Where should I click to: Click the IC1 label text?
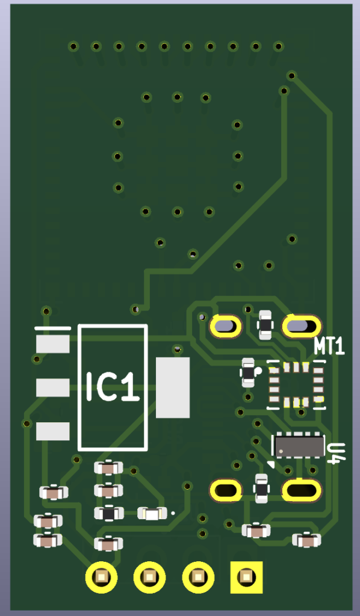click(113, 387)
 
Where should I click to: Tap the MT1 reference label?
click(329, 346)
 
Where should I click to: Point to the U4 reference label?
click(337, 454)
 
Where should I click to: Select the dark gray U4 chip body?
click(300, 446)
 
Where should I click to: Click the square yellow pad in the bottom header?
click(246, 577)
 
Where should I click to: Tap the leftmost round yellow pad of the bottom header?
click(101, 577)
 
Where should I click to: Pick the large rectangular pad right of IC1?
click(173, 387)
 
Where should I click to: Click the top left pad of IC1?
click(52, 343)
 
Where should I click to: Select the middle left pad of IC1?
click(52, 388)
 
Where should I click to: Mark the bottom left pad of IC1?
click(52, 431)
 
